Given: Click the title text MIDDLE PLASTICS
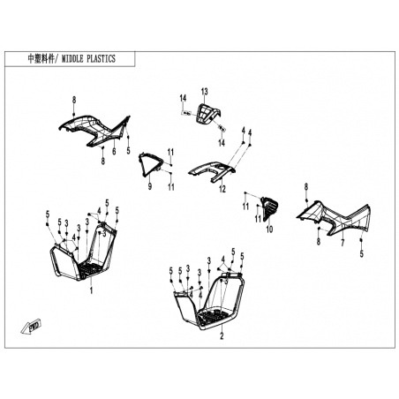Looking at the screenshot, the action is click(x=88, y=59).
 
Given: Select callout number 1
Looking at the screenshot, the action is click(x=91, y=290).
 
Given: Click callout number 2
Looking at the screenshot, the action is click(x=222, y=335).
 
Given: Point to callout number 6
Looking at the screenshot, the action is click(x=114, y=151).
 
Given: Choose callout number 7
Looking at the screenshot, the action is click(x=343, y=243).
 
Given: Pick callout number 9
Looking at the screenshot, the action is click(x=150, y=186).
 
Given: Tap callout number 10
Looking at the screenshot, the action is click(x=269, y=229).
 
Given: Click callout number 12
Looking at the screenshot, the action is click(x=222, y=189).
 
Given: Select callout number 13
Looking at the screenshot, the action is click(x=204, y=92).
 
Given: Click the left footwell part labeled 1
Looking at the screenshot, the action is click(x=83, y=252).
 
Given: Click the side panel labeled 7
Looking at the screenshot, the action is click(x=335, y=218).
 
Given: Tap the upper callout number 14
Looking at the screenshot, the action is click(x=183, y=98).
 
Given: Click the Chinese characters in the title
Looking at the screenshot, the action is click(x=41, y=59).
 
